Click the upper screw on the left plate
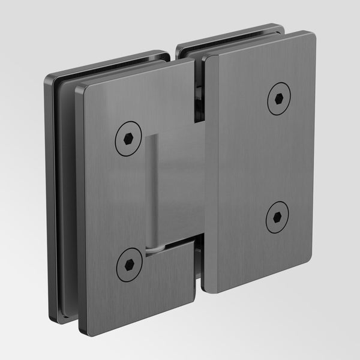pyautogui.click(x=128, y=138)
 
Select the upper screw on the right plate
pyautogui.click(x=278, y=98)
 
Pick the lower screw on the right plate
pyautogui.click(x=277, y=217)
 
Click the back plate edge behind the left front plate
pyautogui.click(x=50, y=198)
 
